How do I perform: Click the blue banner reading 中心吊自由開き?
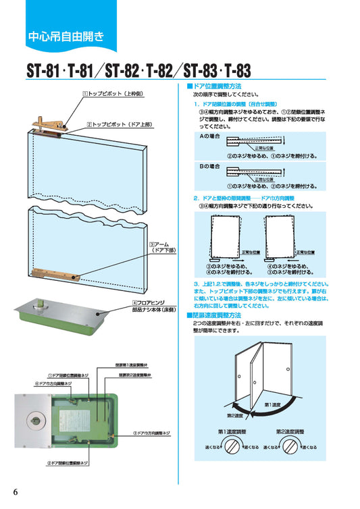[x=66, y=36]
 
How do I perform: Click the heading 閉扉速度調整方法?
[x=217, y=315]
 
